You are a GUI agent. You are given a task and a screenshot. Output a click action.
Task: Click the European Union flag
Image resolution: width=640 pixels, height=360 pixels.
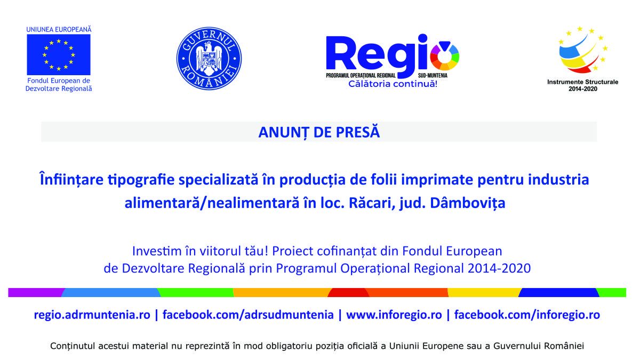[x=59, y=54]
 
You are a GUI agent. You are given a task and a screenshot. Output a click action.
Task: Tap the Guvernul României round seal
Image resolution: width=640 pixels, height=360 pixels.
[x=209, y=59]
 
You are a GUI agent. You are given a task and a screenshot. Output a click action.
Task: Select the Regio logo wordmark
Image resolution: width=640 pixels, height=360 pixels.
[x=392, y=57]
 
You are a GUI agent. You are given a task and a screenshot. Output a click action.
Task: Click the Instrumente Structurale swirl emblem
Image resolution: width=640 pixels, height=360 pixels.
[x=583, y=50]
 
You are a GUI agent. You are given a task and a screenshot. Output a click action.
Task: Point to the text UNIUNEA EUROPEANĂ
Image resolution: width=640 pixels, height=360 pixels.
[x=59, y=29]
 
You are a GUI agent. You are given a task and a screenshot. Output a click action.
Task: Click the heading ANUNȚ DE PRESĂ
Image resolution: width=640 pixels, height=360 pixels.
[x=319, y=132]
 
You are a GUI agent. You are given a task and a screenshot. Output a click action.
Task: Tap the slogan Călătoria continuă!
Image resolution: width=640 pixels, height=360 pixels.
[x=393, y=84]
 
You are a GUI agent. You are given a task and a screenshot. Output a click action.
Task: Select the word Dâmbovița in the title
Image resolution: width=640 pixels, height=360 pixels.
[x=468, y=203]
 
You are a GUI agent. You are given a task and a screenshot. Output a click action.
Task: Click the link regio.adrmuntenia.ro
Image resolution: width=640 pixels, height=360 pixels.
[x=92, y=315]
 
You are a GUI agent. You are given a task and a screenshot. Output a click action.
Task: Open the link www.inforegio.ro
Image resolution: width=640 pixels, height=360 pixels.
[x=394, y=315]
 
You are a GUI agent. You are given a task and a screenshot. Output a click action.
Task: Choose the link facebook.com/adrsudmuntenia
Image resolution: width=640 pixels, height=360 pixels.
[x=248, y=315]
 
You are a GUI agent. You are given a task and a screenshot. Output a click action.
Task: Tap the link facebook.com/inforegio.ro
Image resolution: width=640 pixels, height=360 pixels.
[x=527, y=315]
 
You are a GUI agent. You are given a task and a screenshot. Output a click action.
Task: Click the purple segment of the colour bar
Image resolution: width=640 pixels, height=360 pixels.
[x=35, y=293]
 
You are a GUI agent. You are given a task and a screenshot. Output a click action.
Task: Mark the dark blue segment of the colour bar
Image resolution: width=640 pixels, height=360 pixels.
[x=558, y=293]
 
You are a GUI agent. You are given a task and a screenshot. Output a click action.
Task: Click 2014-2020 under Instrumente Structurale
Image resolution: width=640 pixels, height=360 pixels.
[x=583, y=89]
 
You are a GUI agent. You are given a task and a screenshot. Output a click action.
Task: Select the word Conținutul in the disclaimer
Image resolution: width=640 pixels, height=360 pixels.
[x=73, y=346]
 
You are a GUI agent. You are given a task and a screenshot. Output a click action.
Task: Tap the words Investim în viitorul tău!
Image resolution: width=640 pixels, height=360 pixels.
[x=201, y=251]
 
